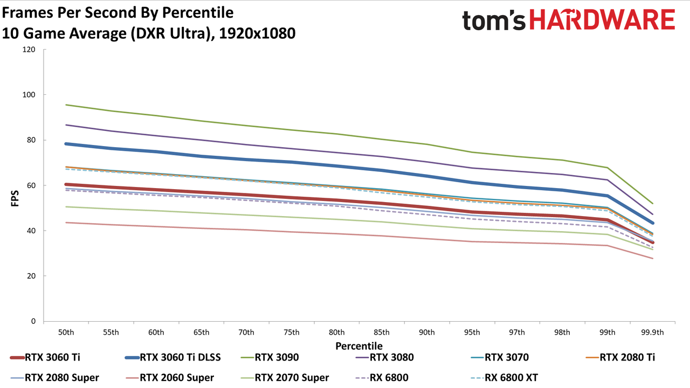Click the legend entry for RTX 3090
(x=270, y=357)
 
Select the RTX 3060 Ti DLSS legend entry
(x=173, y=357)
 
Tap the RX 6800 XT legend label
(x=505, y=378)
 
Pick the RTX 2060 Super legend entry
(x=170, y=378)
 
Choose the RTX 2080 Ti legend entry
(x=620, y=357)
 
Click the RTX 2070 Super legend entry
(x=285, y=378)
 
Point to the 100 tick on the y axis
(x=29, y=95)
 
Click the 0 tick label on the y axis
(x=33, y=321)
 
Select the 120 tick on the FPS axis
(x=29, y=50)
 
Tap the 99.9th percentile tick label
(x=652, y=332)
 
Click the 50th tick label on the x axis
(x=66, y=332)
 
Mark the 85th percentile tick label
(x=382, y=332)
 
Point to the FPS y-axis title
(x=15, y=199)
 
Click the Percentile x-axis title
(x=359, y=346)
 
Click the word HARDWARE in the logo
(x=602, y=20)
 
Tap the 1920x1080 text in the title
(x=257, y=33)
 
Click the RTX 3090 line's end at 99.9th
(x=652, y=203)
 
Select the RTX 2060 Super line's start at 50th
(x=66, y=223)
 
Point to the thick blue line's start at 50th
(x=66, y=144)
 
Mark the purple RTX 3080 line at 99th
(x=608, y=180)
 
